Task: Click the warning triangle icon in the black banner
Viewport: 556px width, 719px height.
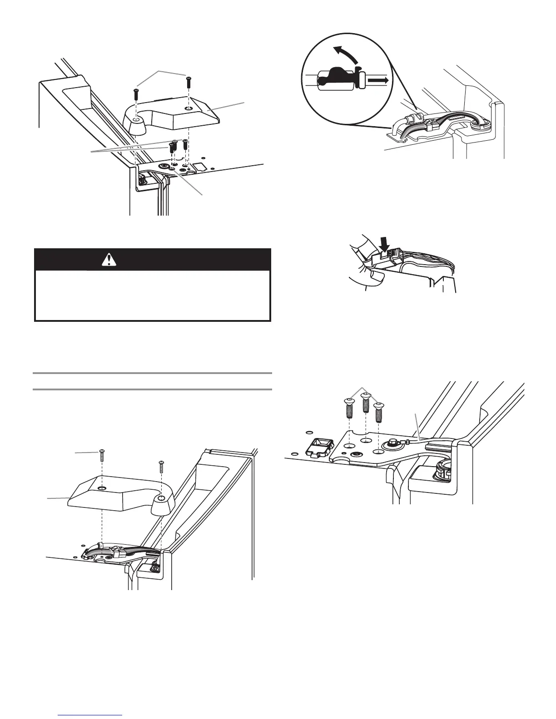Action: pos(109,259)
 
